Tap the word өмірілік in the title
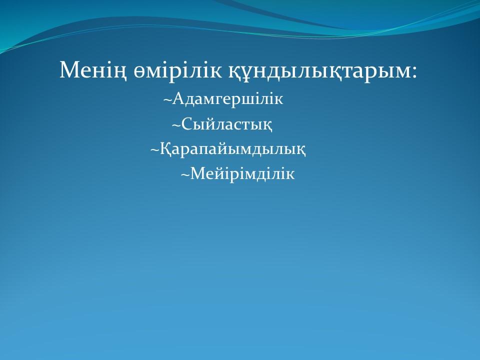pyautogui.click(x=177, y=71)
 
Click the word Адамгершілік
pyautogui.click(x=227, y=99)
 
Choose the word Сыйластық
pyautogui.click(x=227, y=124)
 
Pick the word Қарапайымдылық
pyautogui.click(x=232, y=149)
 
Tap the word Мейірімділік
pyautogui.click(x=242, y=174)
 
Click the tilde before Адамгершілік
pyautogui.click(x=167, y=99)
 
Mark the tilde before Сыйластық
pyautogui.click(x=176, y=125)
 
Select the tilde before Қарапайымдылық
pyautogui.click(x=155, y=150)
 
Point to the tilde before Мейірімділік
pyautogui.click(x=185, y=175)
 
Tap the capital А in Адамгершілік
pyautogui.click(x=177, y=99)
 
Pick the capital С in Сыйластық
pyautogui.click(x=186, y=124)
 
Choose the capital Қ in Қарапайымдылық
pyautogui.click(x=165, y=149)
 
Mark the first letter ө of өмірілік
pyautogui.click(x=139, y=73)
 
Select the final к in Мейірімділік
pyautogui.click(x=290, y=175)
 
